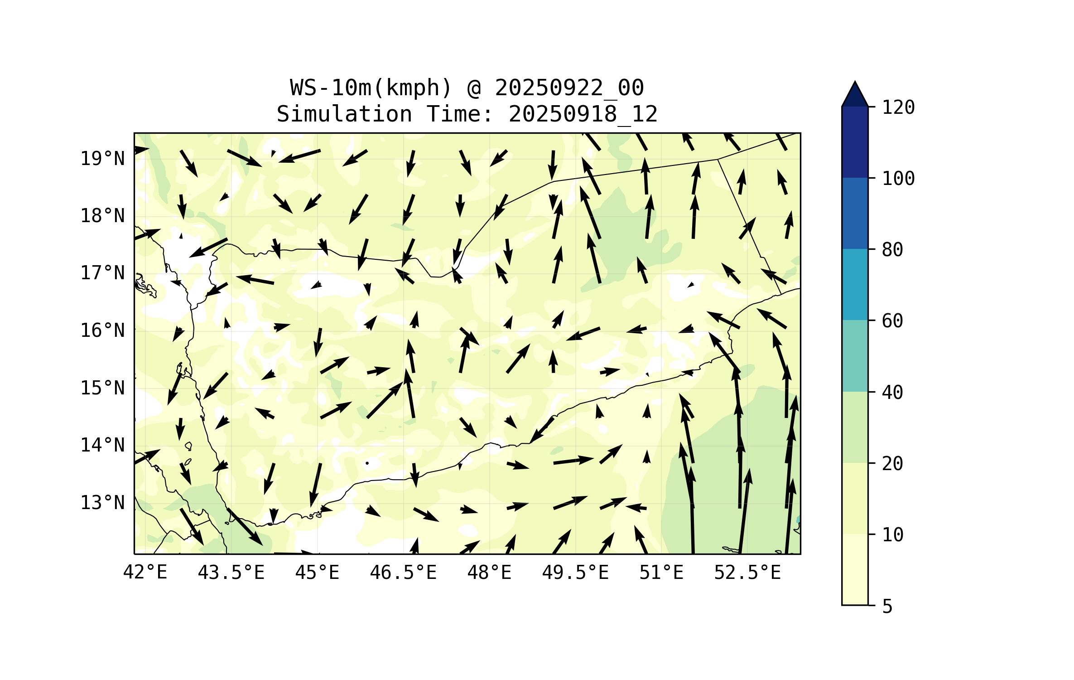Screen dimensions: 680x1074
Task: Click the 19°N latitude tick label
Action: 102,159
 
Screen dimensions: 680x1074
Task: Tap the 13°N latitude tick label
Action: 102,503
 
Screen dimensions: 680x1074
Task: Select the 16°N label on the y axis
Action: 102,330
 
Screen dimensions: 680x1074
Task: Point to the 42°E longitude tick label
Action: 145,573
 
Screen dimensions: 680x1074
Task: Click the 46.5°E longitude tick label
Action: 403,573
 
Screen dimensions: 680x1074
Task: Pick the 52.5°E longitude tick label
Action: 747,573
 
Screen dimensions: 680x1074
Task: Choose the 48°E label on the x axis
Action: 489,573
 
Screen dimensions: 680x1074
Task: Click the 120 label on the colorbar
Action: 898,107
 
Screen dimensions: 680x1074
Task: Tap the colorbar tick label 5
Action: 887,607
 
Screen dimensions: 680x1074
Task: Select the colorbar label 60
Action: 892,321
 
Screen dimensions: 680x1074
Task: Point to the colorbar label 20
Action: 892,464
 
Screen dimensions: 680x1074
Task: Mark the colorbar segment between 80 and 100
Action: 855,213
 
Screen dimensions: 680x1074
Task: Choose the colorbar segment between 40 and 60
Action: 855,356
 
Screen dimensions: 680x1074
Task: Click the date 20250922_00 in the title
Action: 569,88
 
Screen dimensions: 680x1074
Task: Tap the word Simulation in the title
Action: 344,114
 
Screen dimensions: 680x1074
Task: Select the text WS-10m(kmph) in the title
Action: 371,88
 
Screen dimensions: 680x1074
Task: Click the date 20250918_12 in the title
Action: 583,114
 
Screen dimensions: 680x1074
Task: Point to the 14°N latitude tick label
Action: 102,445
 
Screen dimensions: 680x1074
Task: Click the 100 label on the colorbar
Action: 898,179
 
